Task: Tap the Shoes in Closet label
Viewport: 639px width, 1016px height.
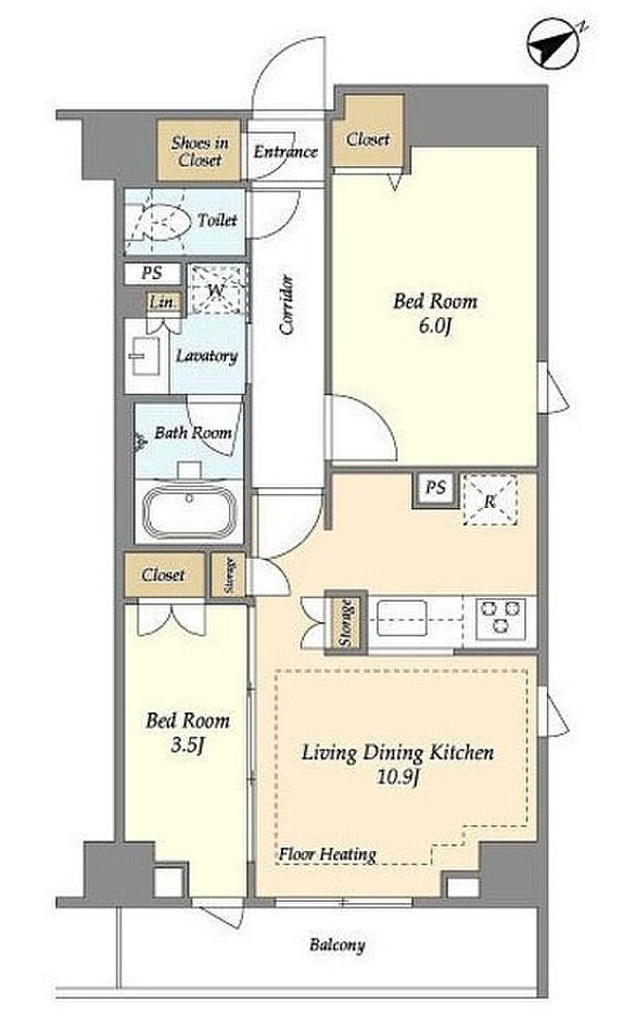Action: click(200, 150)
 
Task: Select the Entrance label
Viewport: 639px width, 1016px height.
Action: click(286, 151)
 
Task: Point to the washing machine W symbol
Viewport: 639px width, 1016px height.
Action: click(216, 290)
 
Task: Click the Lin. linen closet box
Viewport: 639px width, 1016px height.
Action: click(162, 302)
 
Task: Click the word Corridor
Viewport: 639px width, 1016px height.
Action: click(287, 305)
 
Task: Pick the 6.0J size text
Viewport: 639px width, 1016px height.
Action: click(435, 325)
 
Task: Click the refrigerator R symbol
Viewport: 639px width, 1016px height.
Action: click(490, 500)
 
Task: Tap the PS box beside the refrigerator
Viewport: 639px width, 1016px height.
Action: click(435, 488)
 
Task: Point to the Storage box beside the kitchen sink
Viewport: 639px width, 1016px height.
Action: click(345, 621)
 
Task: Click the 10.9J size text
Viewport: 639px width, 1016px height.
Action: click(396, 777)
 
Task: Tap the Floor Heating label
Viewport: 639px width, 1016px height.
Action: click(328, 855)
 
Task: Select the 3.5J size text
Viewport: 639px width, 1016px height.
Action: click(187, 745)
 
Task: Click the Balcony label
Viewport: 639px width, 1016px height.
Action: click(337, 946)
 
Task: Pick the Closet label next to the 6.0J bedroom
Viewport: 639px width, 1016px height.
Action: click(368, 139)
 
